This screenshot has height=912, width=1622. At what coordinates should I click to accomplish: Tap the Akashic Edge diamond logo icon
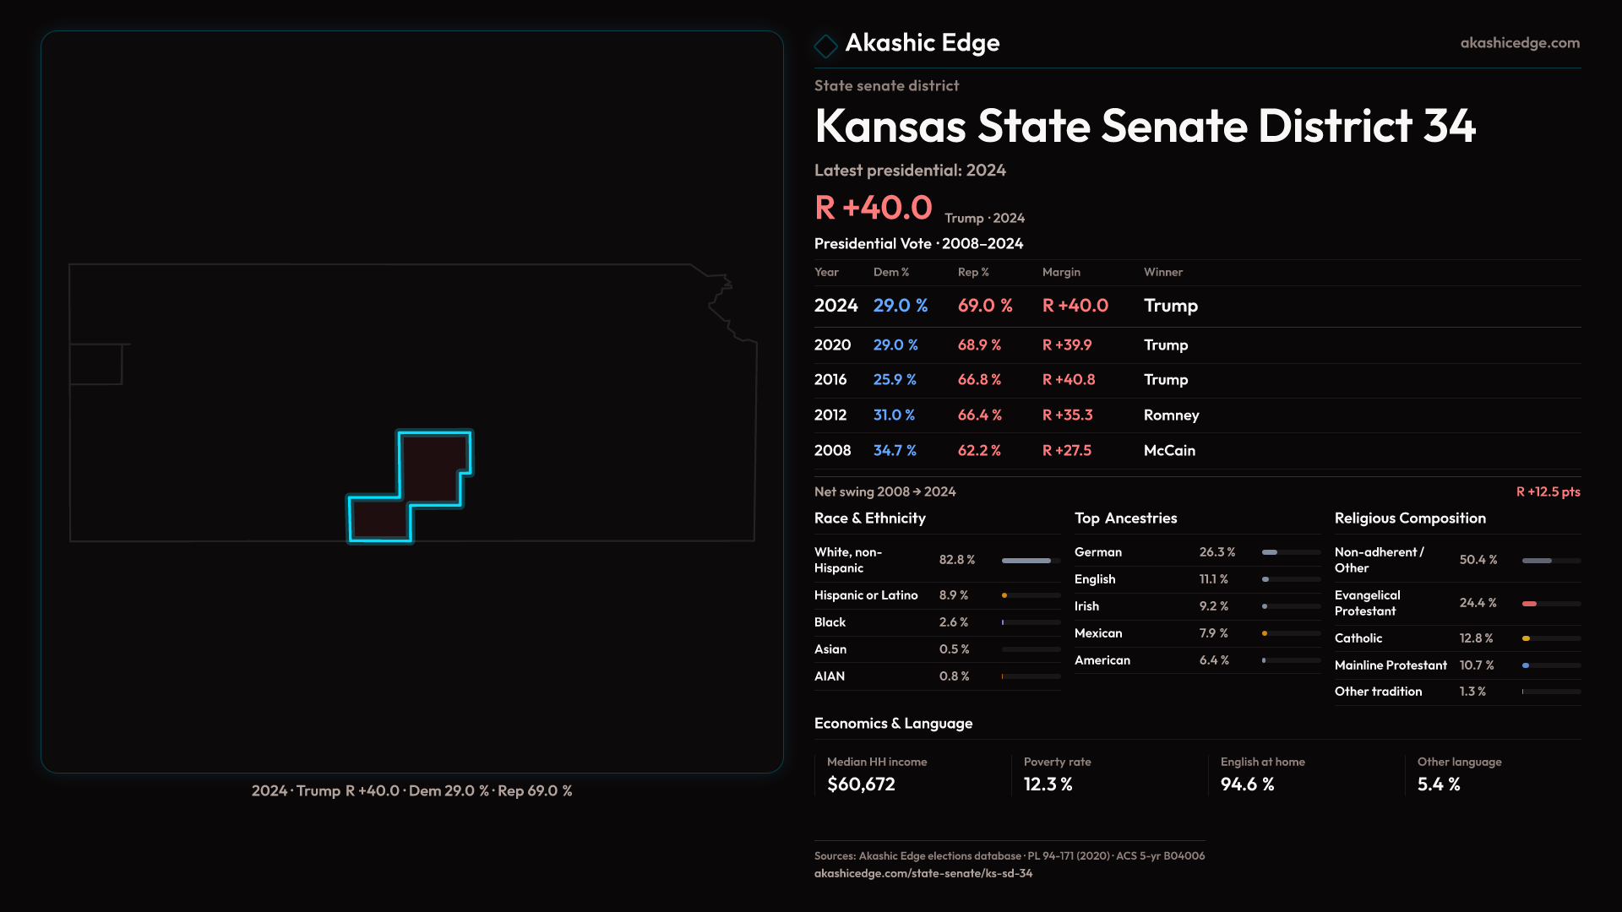(825, 46)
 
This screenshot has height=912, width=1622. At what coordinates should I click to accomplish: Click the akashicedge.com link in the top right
(1519, 43)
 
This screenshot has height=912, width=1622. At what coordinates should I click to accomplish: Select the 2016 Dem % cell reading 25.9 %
(895, 380)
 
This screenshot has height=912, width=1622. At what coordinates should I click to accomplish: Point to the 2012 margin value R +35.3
(1067, 415)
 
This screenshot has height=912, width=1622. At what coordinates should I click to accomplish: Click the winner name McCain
(1169, 451)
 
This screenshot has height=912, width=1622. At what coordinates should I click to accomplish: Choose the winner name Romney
(1171, 415)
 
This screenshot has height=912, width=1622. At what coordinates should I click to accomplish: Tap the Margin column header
(1061, 272)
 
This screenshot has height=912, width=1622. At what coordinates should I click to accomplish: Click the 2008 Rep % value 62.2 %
(979, 451)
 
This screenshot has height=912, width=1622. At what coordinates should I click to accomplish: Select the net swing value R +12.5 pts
(1548, 491)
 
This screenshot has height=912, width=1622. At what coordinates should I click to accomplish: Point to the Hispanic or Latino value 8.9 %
(954, 595)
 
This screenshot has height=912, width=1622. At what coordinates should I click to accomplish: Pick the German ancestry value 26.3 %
(1217, 552)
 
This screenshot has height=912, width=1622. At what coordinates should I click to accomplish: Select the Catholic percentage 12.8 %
(1476, 638)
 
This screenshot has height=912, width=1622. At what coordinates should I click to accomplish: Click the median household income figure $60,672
(861, 784)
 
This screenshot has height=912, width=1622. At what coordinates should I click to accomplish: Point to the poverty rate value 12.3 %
(1048, 784)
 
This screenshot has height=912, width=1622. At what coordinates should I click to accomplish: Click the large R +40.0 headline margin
(873, 208)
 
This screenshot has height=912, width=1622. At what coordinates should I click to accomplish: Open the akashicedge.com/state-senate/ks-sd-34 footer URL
(923, 873)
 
